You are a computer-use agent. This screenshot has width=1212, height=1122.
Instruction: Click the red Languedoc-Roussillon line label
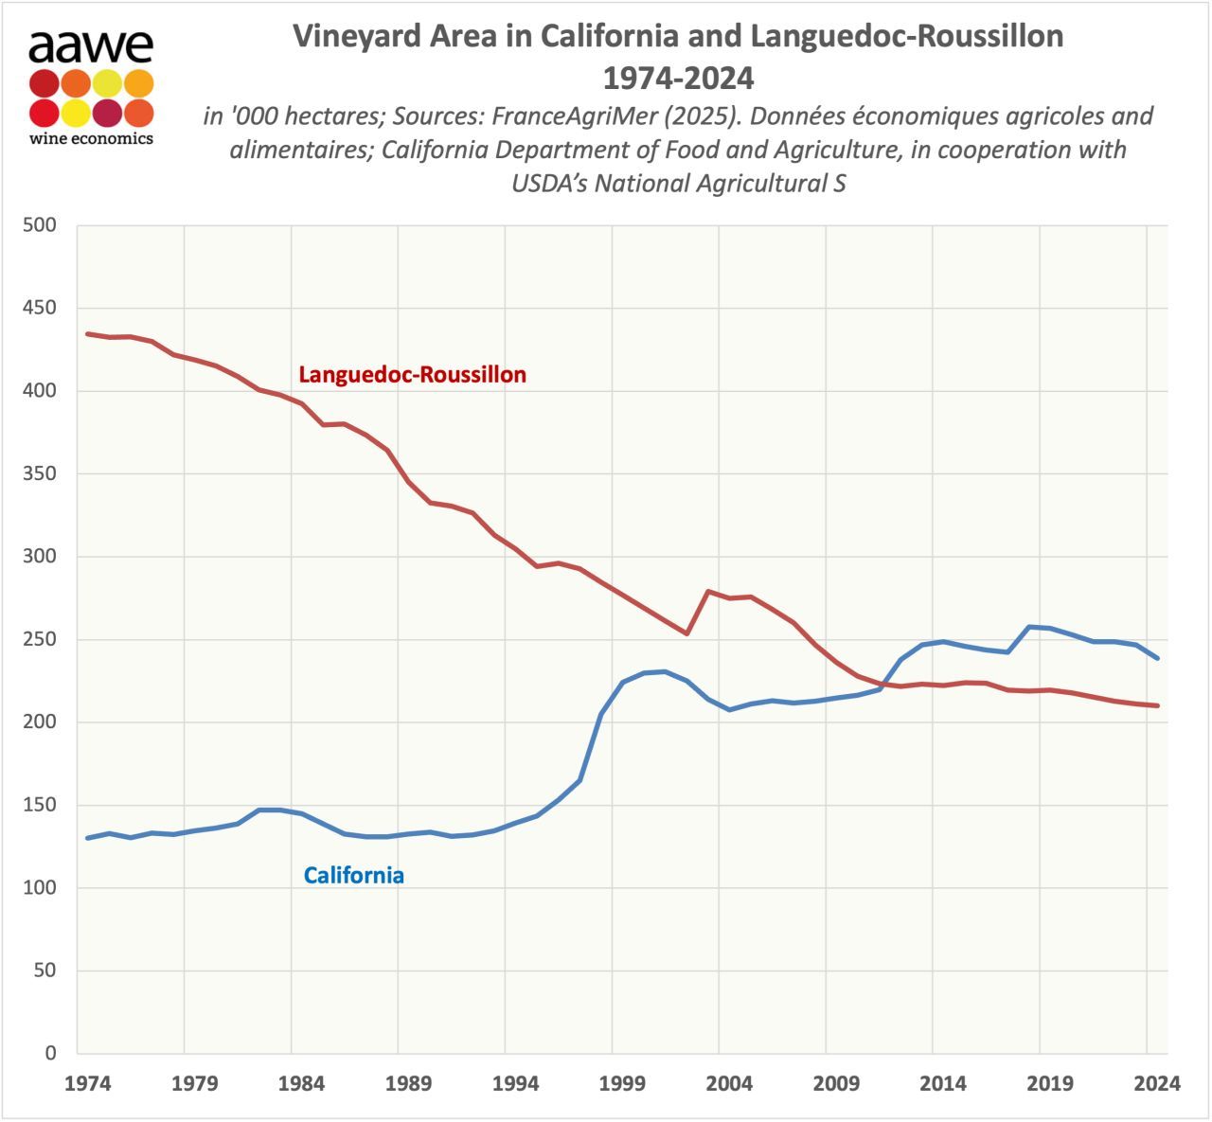click(x=412, y=375)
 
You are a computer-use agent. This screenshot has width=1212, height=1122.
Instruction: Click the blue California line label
click(x=353, y=876)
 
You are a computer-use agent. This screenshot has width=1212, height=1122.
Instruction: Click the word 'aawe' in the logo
click(x=91, y=45)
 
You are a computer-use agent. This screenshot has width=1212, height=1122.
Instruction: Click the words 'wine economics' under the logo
click(x=91, y=138)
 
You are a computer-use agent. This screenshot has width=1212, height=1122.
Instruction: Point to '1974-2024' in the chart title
click(x=678, y=76)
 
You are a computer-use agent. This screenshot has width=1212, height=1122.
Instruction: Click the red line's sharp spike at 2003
click(x=708, y=591)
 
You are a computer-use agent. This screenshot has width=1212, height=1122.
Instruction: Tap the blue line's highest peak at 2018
click(x=1029, y=627)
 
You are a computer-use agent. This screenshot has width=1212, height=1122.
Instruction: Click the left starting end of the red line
click(x=88, y=334)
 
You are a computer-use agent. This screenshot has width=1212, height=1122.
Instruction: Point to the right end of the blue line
click(x=1157, y=658)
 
